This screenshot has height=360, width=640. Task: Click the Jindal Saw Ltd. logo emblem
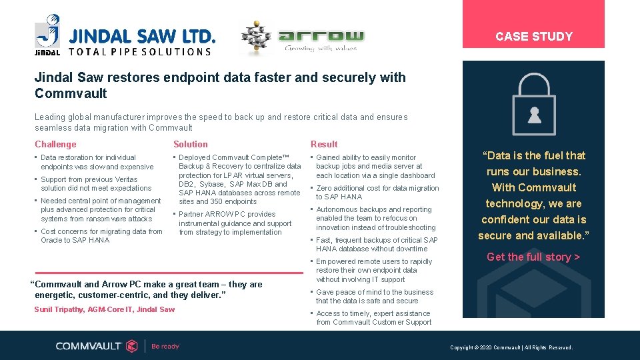coord(48,33)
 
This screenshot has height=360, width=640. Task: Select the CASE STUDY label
coord(533,37)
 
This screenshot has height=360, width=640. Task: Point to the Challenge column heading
coord(55,144)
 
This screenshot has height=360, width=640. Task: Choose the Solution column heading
coord(191,144)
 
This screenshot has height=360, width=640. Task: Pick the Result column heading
coord(324,144)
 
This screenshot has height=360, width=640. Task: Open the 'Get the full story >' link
coord(533,257)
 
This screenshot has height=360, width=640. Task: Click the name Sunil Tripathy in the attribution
coord(59,309)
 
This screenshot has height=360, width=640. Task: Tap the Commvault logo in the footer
coord(97,345)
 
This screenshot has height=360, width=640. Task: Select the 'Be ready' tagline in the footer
coord(165,346)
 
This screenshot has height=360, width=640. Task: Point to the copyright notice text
coord(511,347)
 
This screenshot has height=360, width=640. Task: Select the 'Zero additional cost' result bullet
coord(377,193)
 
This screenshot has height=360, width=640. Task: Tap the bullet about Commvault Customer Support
coord(373,318)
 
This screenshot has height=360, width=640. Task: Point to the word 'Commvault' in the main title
coord(61,93)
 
